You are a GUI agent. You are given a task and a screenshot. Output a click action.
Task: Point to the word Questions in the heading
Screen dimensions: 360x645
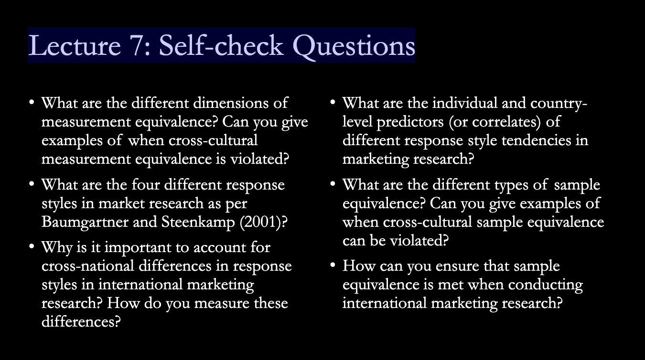354,47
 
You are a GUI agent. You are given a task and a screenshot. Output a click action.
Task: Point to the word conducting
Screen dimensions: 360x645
545,285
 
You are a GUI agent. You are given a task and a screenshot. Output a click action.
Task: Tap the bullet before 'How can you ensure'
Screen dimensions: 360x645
333,265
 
